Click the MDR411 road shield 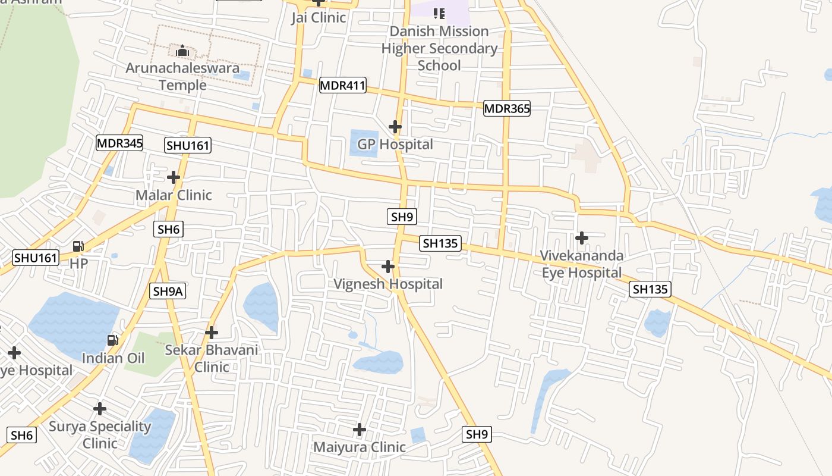[x=342, y=85]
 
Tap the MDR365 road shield [x=506, y=108]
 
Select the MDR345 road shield [x=119, y=143]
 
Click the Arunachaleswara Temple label [x=182, y=76]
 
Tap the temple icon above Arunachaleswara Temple [x=182, y=51]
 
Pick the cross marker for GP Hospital [x=395, y=127]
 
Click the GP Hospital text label [x=395, y=144]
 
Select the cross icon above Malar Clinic [x=174, y=177]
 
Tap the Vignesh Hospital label [x=388, y=284]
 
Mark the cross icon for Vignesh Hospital [x=388, y=267]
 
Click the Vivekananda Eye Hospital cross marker [x=582, y=238]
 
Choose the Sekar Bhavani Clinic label [x=212, y=358]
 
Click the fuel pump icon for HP [x=78, y=246]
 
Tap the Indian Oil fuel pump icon [x=112, y=340]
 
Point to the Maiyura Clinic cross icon [x=360, y=430]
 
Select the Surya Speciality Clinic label [x=100, y=435]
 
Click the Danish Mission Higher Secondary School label [x=439, y=48]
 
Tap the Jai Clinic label [x=319, y=17]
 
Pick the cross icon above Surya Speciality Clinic [x=100, y=409]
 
